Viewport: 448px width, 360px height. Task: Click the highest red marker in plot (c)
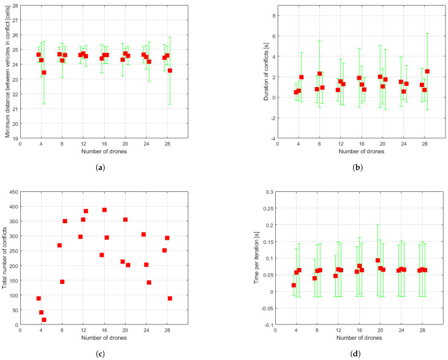(104, 210)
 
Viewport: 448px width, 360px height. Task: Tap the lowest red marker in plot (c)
(44, 320)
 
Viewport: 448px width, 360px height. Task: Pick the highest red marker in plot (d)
(378, 260)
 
